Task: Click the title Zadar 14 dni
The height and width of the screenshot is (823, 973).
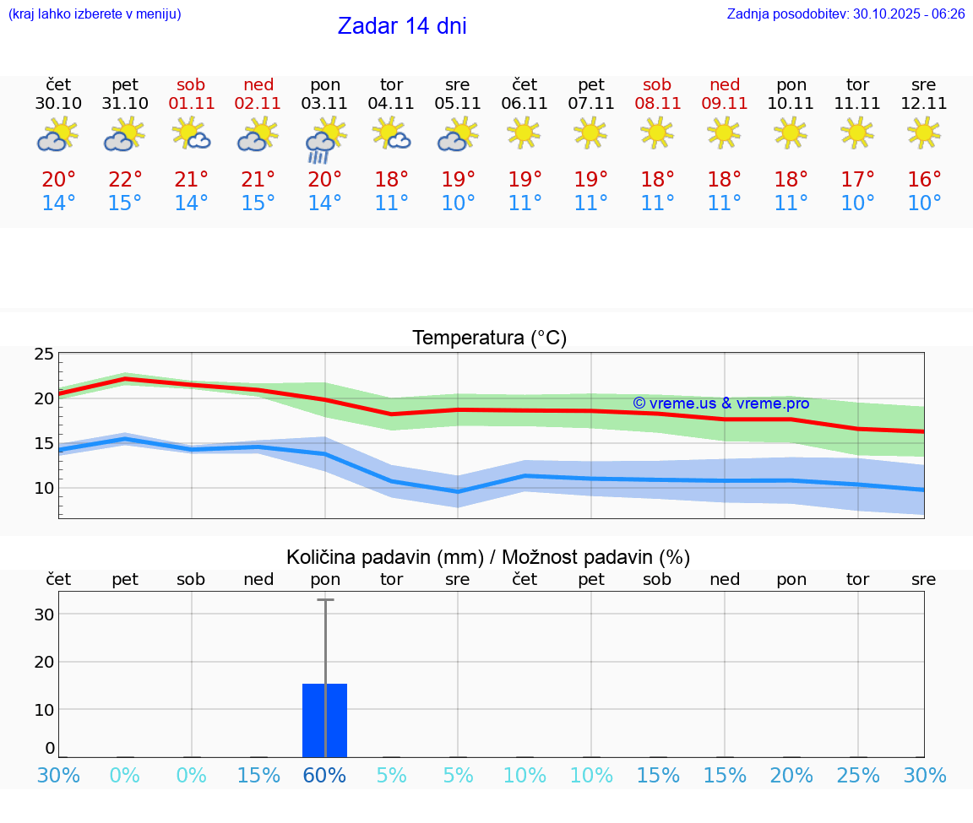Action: [x=402, y=26]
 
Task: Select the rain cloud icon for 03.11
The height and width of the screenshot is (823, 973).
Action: [x=325, y=140]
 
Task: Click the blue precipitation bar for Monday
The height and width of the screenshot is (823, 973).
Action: [x=325, y=720]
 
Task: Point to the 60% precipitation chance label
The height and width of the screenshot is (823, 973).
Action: [x=325, y=775]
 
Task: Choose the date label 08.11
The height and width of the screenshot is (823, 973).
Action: [x=657, y=104]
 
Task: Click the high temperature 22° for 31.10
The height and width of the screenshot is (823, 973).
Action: [x=125, y=180]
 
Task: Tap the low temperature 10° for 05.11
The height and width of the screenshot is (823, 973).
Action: [x=458, y=203]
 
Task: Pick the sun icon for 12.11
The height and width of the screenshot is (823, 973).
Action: [x=924, y=133]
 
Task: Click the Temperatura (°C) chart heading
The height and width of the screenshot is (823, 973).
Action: [x=489, y=338]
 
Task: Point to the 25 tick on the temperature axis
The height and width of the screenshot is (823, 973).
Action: [x=44, y=354]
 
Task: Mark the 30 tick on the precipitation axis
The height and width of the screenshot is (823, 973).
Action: [x=44, y=615]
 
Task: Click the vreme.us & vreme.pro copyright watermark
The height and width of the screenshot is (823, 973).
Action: [x=720, y=403]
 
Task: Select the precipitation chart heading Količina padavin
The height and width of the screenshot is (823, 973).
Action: [x=488, y=557]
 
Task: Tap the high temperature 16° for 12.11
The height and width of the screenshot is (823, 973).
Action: [x=924, y=180]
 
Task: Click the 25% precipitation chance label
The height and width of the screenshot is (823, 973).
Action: [x=858, y=775]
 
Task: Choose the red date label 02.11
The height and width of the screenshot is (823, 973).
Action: [x=258, y=104]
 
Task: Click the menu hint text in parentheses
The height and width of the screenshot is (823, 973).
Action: [x=95, y=14]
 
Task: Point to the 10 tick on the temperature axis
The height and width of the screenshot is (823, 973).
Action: [x=44, y=488]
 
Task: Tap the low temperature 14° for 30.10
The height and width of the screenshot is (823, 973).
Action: [x=58, y=203]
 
